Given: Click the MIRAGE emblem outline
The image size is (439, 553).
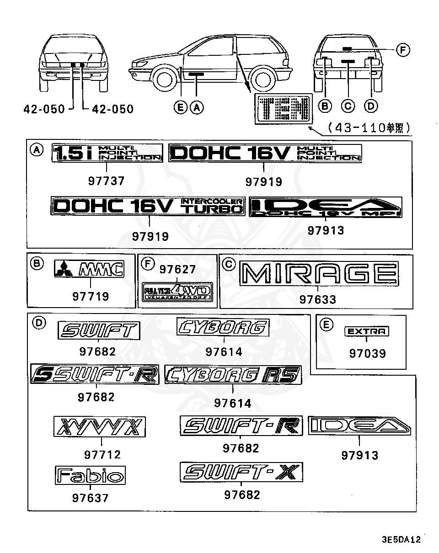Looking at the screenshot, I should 318,274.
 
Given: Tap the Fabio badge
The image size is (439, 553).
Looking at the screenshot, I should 90,475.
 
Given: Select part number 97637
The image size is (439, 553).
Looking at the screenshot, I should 90,498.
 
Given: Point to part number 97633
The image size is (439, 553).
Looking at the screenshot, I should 318,300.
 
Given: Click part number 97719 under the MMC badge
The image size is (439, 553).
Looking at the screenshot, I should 91,297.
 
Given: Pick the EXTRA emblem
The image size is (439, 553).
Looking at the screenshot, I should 366,331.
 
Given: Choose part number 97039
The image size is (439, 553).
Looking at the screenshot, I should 367,353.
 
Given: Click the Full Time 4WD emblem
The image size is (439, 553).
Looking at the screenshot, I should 178,291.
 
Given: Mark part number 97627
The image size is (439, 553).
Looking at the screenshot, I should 177,270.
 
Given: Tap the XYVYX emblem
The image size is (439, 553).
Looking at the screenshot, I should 100,427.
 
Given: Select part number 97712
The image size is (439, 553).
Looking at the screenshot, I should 102,454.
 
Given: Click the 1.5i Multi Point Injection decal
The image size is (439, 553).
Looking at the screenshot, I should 107,153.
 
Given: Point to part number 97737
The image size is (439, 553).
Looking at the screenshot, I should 106,181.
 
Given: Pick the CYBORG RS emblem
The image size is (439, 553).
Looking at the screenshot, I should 232,375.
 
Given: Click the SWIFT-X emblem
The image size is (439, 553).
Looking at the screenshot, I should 241,472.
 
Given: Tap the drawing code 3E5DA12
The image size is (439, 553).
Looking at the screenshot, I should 401,539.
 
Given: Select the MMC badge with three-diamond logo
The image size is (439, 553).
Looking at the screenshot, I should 89,269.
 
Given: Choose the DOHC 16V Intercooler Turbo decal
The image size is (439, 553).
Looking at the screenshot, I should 149,207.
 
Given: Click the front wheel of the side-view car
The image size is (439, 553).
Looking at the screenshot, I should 164,80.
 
